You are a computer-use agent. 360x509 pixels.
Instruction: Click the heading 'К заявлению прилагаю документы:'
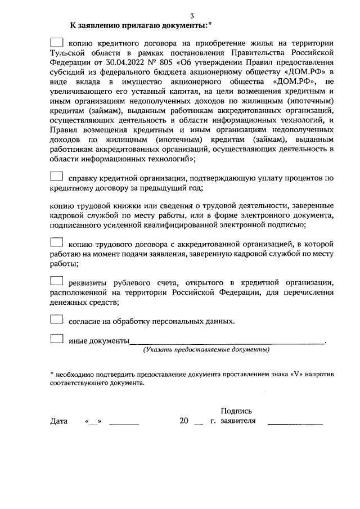[x=137, y=25]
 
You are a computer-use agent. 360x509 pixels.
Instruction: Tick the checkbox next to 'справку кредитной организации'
[x=57, y=177]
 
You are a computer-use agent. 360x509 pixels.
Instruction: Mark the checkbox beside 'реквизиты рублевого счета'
[x=57, y=281]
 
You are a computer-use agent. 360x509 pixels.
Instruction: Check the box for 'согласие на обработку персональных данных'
[x=57, y=319]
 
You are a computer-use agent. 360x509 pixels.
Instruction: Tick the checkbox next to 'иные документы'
[x=57, y=339]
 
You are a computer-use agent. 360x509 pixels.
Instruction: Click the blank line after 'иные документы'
[x=227, y=341]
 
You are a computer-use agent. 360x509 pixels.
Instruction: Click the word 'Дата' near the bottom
[x=59, y=421]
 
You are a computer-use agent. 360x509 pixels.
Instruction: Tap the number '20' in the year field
[x=184, y=421]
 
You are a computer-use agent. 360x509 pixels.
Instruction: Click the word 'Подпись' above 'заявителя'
[x=237, y=411]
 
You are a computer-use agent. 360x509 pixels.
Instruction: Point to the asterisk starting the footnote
[x=52, y=373]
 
